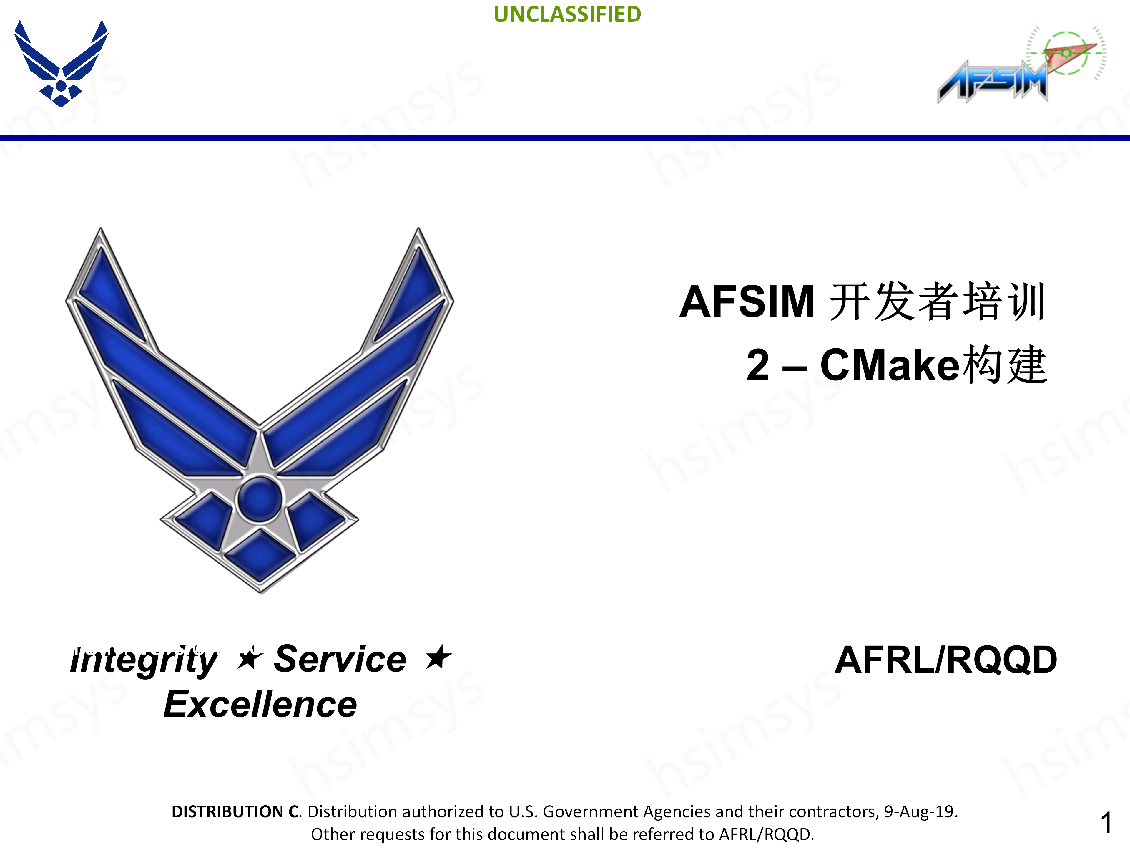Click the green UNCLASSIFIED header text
(x=567, y=14)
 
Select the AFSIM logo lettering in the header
(x=992, y=82)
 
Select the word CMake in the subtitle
(x=890, y=365)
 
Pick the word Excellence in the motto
(x=260, y=704)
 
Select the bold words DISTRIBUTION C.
(x=236, y=812)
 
